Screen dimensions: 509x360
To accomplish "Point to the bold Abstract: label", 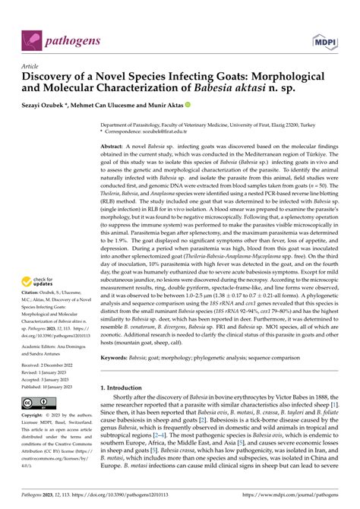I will click(116, 145).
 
